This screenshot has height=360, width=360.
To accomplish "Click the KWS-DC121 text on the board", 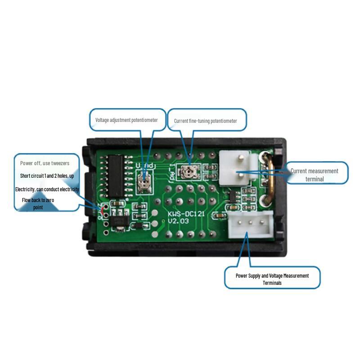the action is click(x=186, y=214).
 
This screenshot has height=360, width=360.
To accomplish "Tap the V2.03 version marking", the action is click(x=178, y=221).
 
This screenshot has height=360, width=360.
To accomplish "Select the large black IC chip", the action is click(x=116, y=176).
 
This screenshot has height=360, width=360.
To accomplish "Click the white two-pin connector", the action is click(x=238, y=167).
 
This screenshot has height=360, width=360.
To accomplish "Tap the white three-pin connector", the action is click(x=251, y=224).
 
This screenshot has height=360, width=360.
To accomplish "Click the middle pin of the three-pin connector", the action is click(x=251, y=222).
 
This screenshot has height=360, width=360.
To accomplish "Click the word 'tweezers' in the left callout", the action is click(x=60, y=163).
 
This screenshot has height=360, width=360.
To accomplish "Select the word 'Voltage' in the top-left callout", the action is click(x=102, y=120).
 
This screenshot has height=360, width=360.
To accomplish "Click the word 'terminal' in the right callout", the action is click(x=315, y=179).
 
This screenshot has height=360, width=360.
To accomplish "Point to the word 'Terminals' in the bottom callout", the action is click(x=272, y=283).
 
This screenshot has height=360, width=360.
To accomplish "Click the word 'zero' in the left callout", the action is click(x=50, y=200).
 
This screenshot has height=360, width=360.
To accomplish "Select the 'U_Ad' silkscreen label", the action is click(x=144, y=165).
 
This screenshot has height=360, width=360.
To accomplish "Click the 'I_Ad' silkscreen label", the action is click(x=172, y=172).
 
